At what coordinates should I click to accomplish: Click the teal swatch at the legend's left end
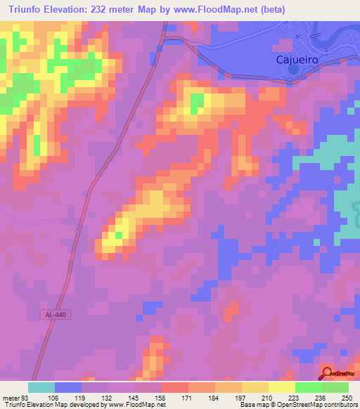pos(41,387)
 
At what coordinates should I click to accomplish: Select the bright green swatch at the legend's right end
pos(335,387)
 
